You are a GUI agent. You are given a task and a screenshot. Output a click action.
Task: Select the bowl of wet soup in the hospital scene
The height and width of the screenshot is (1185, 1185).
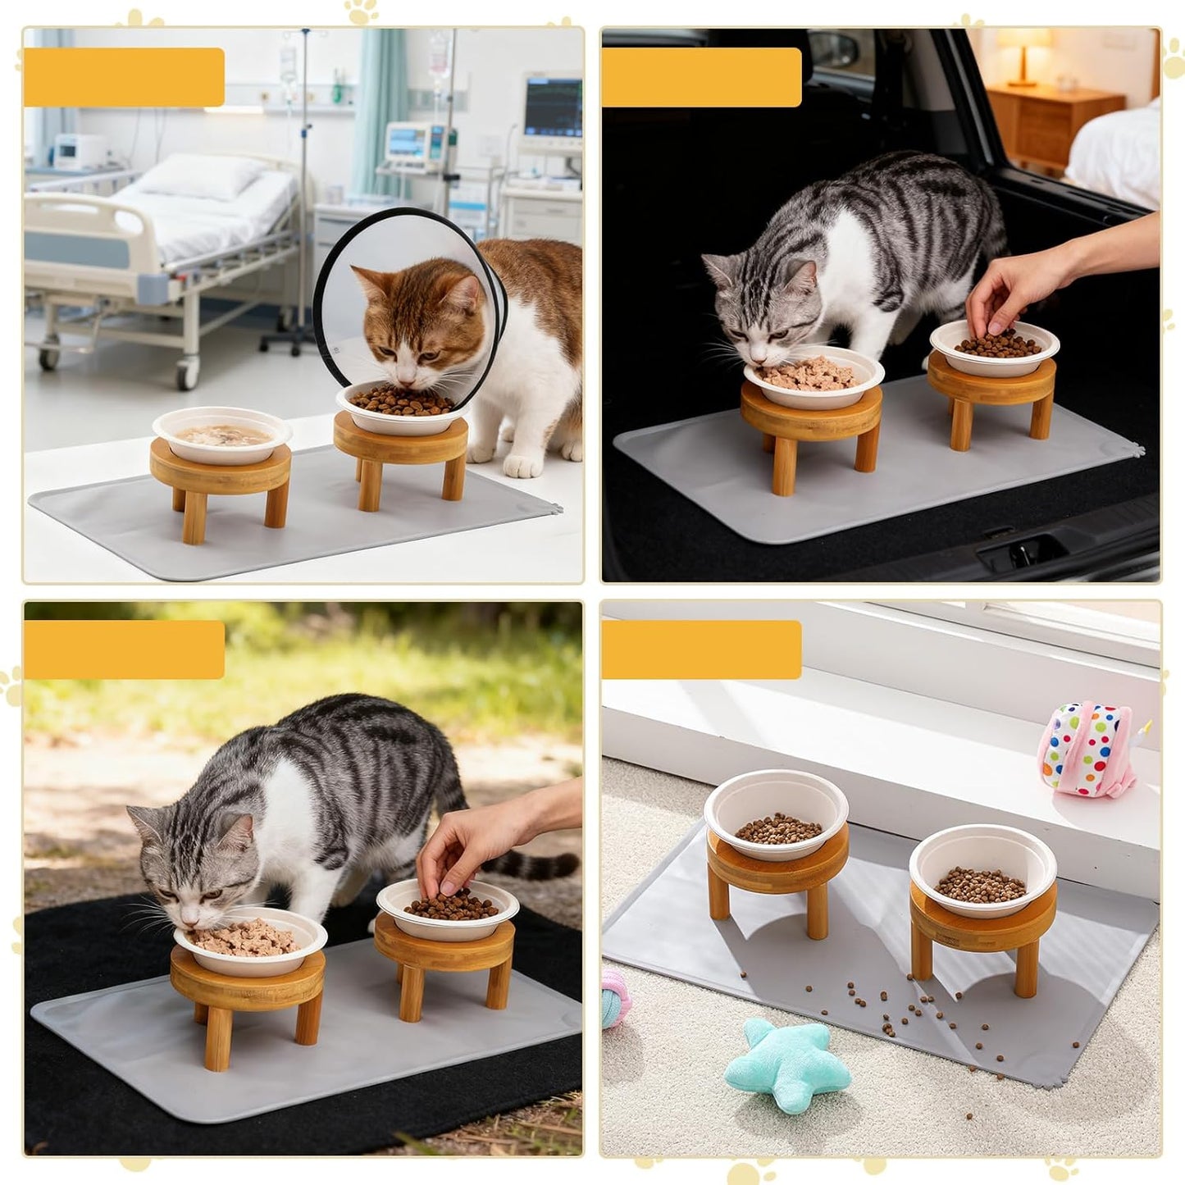point(221,435)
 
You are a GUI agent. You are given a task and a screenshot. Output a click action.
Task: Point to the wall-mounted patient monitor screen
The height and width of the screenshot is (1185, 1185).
point(552,107)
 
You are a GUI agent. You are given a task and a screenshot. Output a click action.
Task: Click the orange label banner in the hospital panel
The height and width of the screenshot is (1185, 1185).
point(124,78)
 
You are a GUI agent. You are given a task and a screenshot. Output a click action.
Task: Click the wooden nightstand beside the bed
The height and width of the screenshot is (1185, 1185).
point(1054,123)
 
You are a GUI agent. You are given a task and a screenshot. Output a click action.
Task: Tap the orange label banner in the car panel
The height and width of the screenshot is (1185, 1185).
point(701,78)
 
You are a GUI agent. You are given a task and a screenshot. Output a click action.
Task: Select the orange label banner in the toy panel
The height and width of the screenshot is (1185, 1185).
point(701,650)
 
